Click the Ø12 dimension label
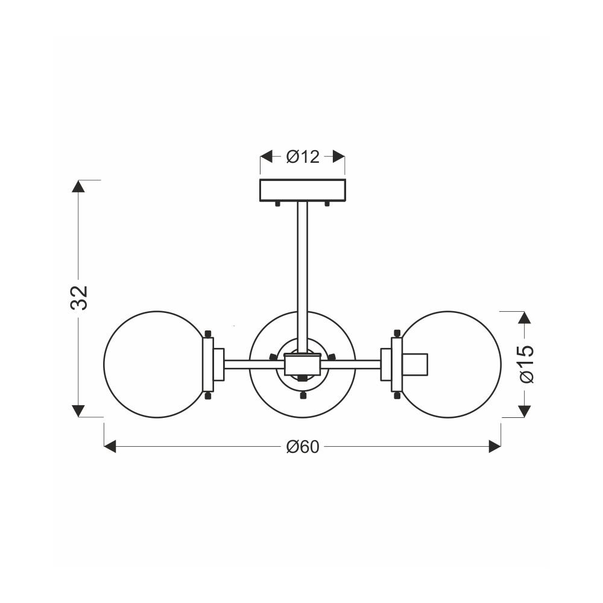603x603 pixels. [x=303, y=157]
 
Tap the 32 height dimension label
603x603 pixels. [x=79, y=298]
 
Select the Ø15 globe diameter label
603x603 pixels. [x=526, y=364]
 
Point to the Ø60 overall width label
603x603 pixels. [x=303, y=446]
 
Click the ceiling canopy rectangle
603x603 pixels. [x=303, y=191]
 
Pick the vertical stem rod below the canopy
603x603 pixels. [x=303, y=277]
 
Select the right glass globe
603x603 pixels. [x=450, y=364]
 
